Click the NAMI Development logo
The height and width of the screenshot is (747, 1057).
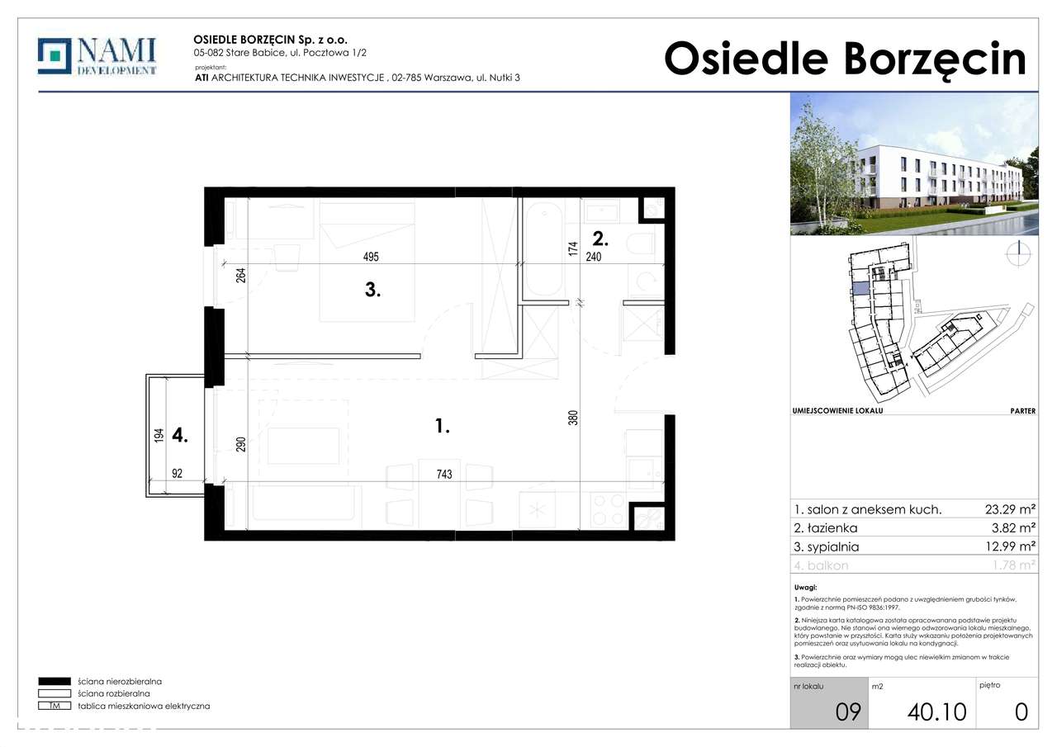coord(97,56)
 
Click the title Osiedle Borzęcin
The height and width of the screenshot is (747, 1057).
coord(845,59)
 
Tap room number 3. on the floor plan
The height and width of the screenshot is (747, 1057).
coord(372,291)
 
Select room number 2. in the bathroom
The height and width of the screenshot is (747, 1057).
coord(600,239)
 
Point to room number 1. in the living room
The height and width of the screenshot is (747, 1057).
coord(442,427)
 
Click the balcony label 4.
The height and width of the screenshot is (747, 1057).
coord(180,435)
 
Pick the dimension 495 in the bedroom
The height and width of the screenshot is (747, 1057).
coord(370,257)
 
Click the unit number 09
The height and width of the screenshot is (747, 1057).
coord(847,711)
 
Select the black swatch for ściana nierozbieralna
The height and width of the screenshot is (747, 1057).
coord(55,682)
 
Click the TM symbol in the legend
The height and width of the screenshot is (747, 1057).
coord(55,706)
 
